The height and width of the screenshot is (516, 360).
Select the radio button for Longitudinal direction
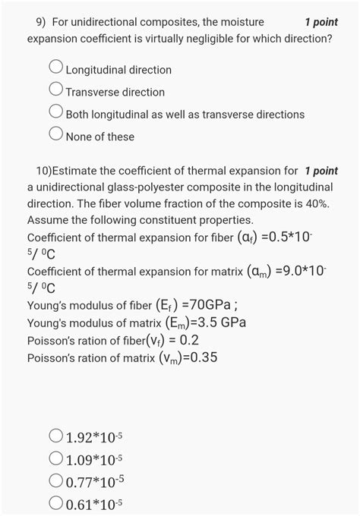(56, 68)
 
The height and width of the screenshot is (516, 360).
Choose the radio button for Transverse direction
(56, 91)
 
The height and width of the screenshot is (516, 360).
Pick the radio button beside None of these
(56, 136)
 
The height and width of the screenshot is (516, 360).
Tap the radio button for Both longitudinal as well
(56, 113)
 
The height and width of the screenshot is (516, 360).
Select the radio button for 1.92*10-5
(56, 436)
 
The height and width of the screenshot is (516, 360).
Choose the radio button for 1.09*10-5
(56, 458)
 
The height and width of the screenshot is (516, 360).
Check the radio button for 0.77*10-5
(56, 480)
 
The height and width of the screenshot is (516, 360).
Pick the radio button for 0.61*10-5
(56, 503)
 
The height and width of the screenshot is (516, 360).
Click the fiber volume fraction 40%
(314, 204)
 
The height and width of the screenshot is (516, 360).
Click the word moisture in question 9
(242, 22)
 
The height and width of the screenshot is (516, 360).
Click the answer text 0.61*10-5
(94, 504)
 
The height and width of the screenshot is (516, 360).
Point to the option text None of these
(100, 137)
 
